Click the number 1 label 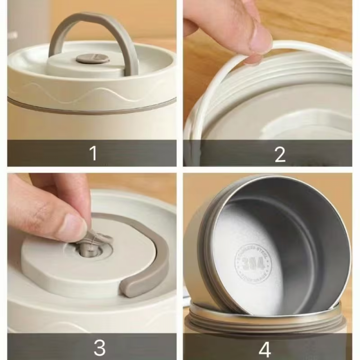click(x=93, y=153)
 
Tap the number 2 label click(x=280, y=154)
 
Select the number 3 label click(x=99, y=348)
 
